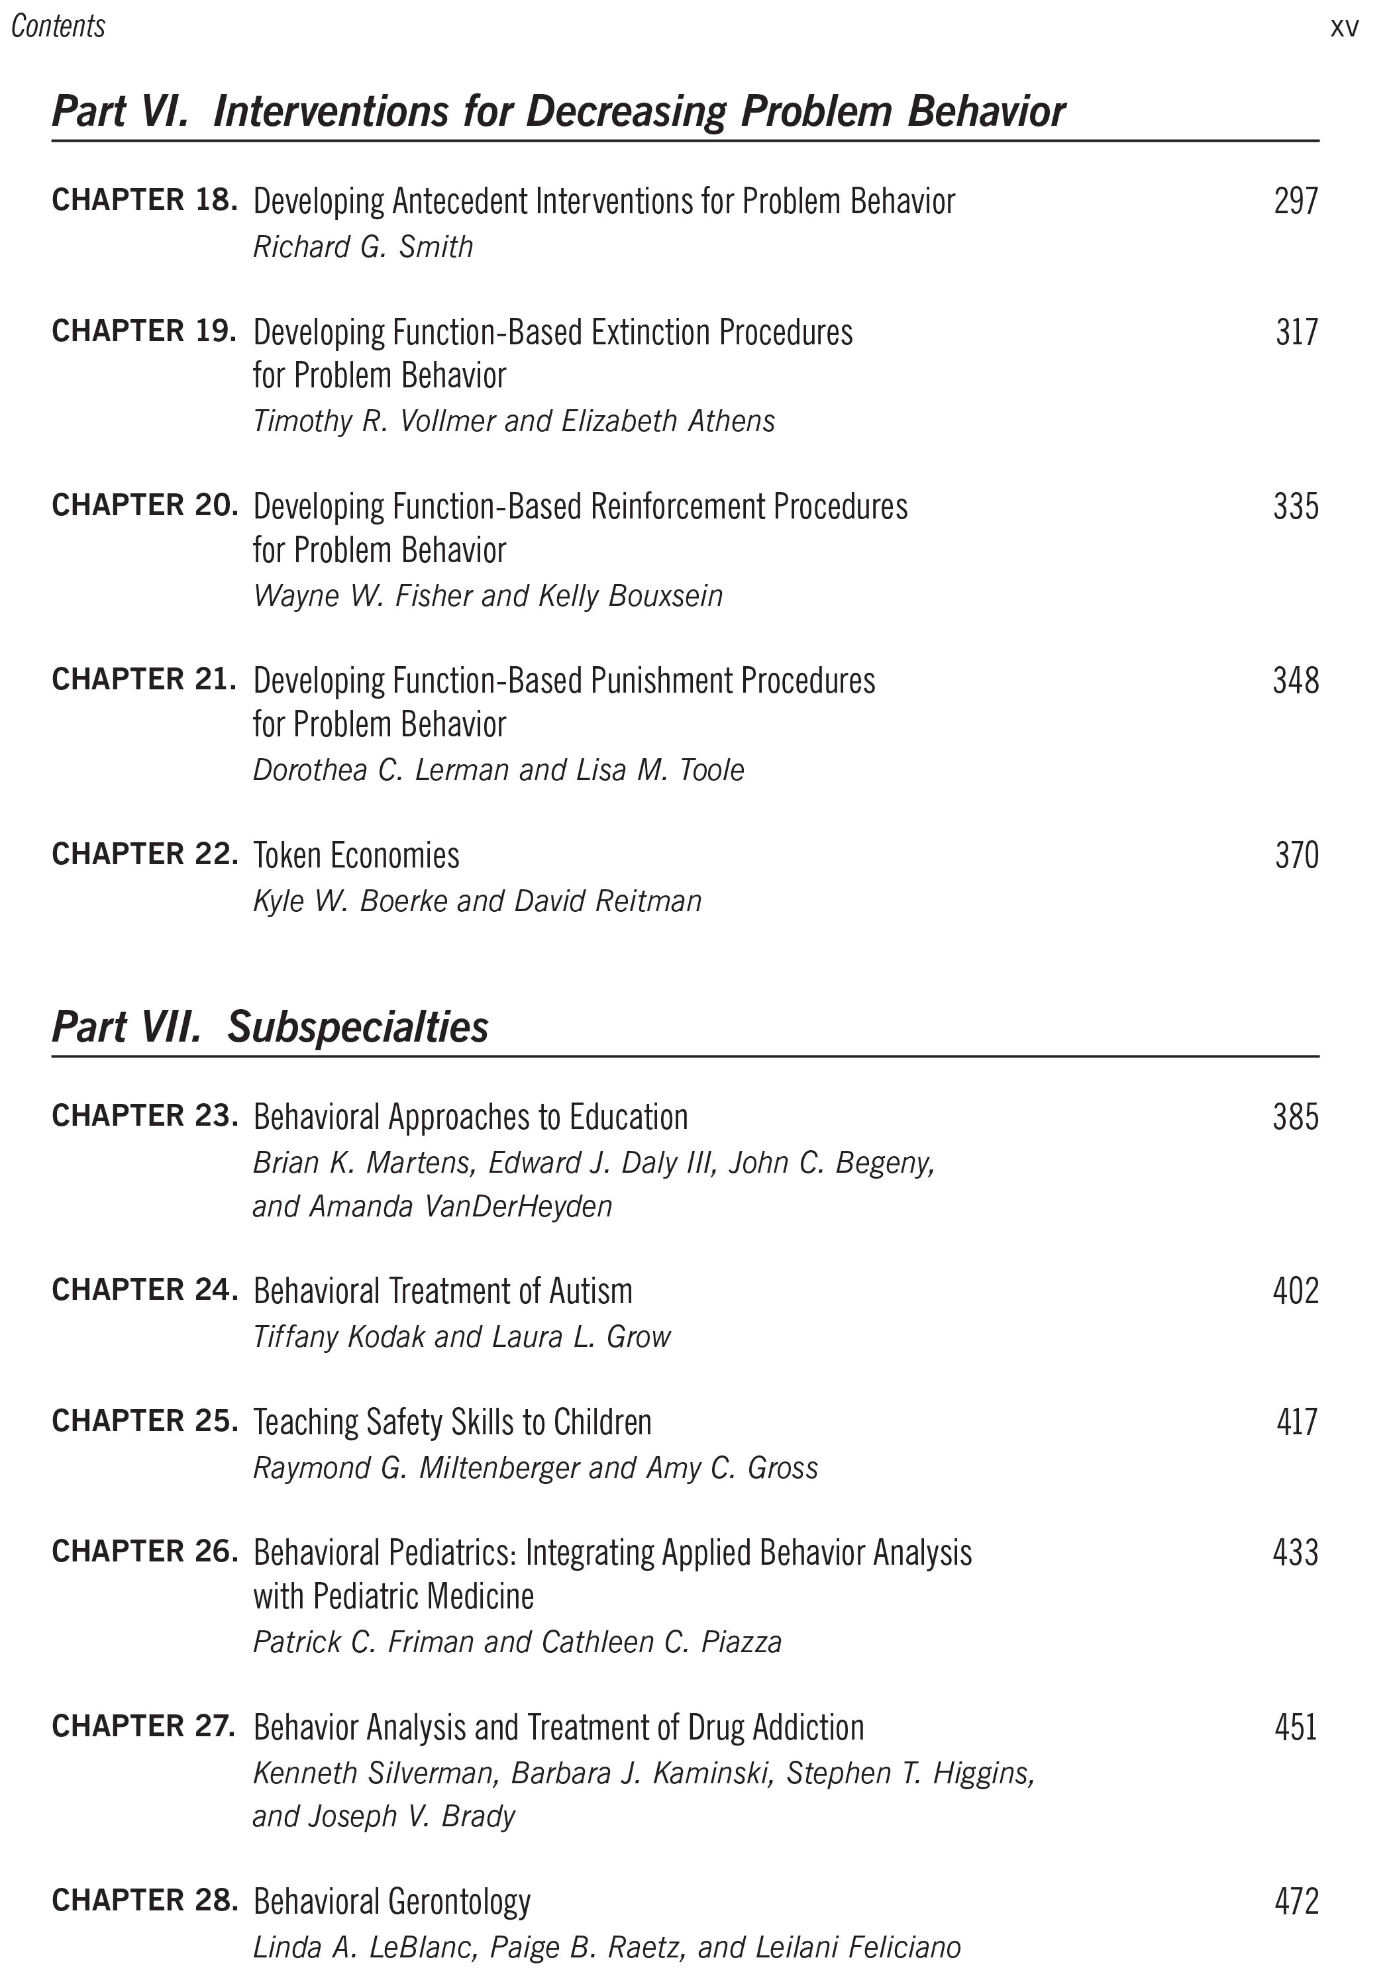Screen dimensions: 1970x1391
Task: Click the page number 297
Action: tap(1296, 201)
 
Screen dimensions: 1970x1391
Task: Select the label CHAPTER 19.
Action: tap(144, 331)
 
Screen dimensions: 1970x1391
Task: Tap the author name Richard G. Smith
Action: tap(363, 247)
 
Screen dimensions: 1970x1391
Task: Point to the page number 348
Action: tap(1296, 681)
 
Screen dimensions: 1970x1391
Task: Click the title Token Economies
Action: tap(356, 856)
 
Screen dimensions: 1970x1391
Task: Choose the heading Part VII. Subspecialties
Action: tap(270, 1027)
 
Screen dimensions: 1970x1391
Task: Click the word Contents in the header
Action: tap(58, 26)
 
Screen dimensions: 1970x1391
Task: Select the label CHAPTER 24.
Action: tap(144, 1289)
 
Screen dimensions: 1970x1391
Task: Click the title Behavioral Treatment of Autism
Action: tap(442, 1291)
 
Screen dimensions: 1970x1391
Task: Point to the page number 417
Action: tap(1296, 1422)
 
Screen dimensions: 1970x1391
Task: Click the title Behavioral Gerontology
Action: tap(392, 1902)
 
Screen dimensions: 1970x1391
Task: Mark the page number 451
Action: tap(1296, 1727)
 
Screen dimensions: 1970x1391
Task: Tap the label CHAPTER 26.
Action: tap(144, 1551)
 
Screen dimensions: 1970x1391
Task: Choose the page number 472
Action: tap(1296, 1902)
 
